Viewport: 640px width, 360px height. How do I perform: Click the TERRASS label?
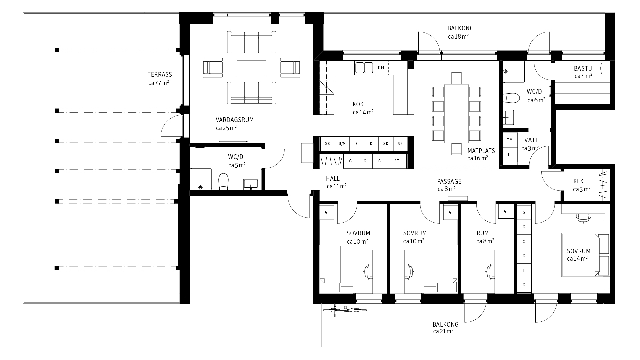point(160,75)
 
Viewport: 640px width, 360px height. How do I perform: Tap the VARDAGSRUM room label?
point(234,120)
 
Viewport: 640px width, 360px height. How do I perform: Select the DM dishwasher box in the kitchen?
point(381,68)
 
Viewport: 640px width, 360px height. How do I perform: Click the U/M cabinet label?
point(342,144)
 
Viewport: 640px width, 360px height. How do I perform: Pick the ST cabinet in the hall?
point(397,161)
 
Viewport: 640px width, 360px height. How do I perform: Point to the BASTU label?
point(583,69)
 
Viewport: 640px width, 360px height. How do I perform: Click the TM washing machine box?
point(510,140)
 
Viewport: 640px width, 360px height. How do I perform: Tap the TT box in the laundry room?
point(510,155)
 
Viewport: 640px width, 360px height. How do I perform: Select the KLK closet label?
point(578,181)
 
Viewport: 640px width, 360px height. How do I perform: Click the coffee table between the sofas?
point(251,68)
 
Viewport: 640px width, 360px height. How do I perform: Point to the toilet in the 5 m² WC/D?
point(223,182)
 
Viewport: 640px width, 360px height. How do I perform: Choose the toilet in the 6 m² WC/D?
point(511,98)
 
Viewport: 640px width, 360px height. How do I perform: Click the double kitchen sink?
point(364,68)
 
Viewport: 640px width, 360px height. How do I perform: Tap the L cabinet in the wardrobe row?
point(524,271)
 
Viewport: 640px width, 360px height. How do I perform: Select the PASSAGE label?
point(449,182)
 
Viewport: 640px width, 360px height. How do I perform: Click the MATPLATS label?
point(481,151)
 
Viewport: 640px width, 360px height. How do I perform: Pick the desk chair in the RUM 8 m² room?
point(490,271)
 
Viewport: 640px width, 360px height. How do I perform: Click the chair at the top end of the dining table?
point(456,78)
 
